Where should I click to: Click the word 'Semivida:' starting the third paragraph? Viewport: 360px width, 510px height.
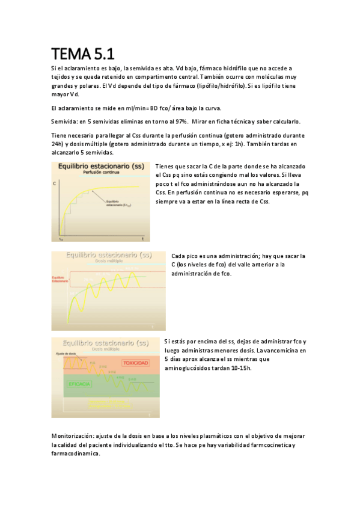tap(64, 121)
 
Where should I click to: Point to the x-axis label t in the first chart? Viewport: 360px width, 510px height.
tap(142, 239)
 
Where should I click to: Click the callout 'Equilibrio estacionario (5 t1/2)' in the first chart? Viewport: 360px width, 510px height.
tap(118, 203)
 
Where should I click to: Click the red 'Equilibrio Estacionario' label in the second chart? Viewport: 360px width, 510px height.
tap(59, 279)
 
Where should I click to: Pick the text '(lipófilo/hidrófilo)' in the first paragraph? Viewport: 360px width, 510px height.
tap(217, 86)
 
